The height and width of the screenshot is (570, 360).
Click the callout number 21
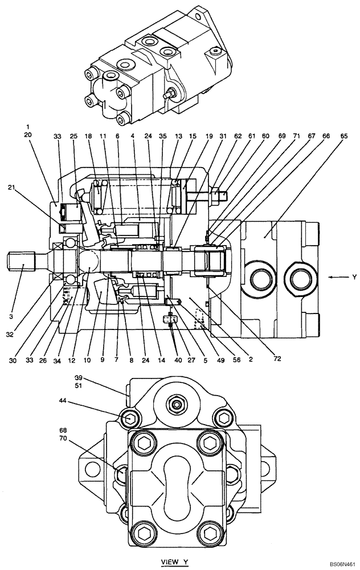(x=11, y=186)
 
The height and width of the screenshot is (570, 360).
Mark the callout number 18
(x=88, y=136)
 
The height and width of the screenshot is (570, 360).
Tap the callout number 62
(x=238, y=136)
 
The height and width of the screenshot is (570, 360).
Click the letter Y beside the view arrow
(x=354, y=278)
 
